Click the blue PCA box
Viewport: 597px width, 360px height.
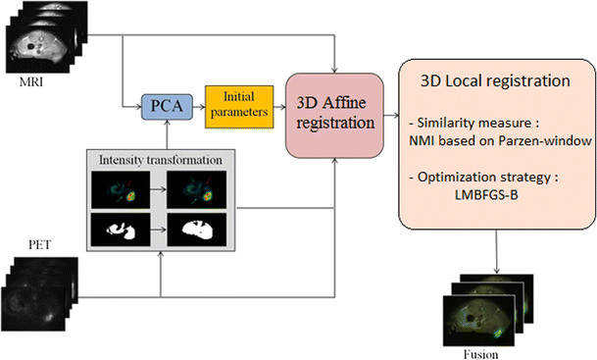[x=158, y=102]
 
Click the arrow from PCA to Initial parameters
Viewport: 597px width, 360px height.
[x=194, y=101]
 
